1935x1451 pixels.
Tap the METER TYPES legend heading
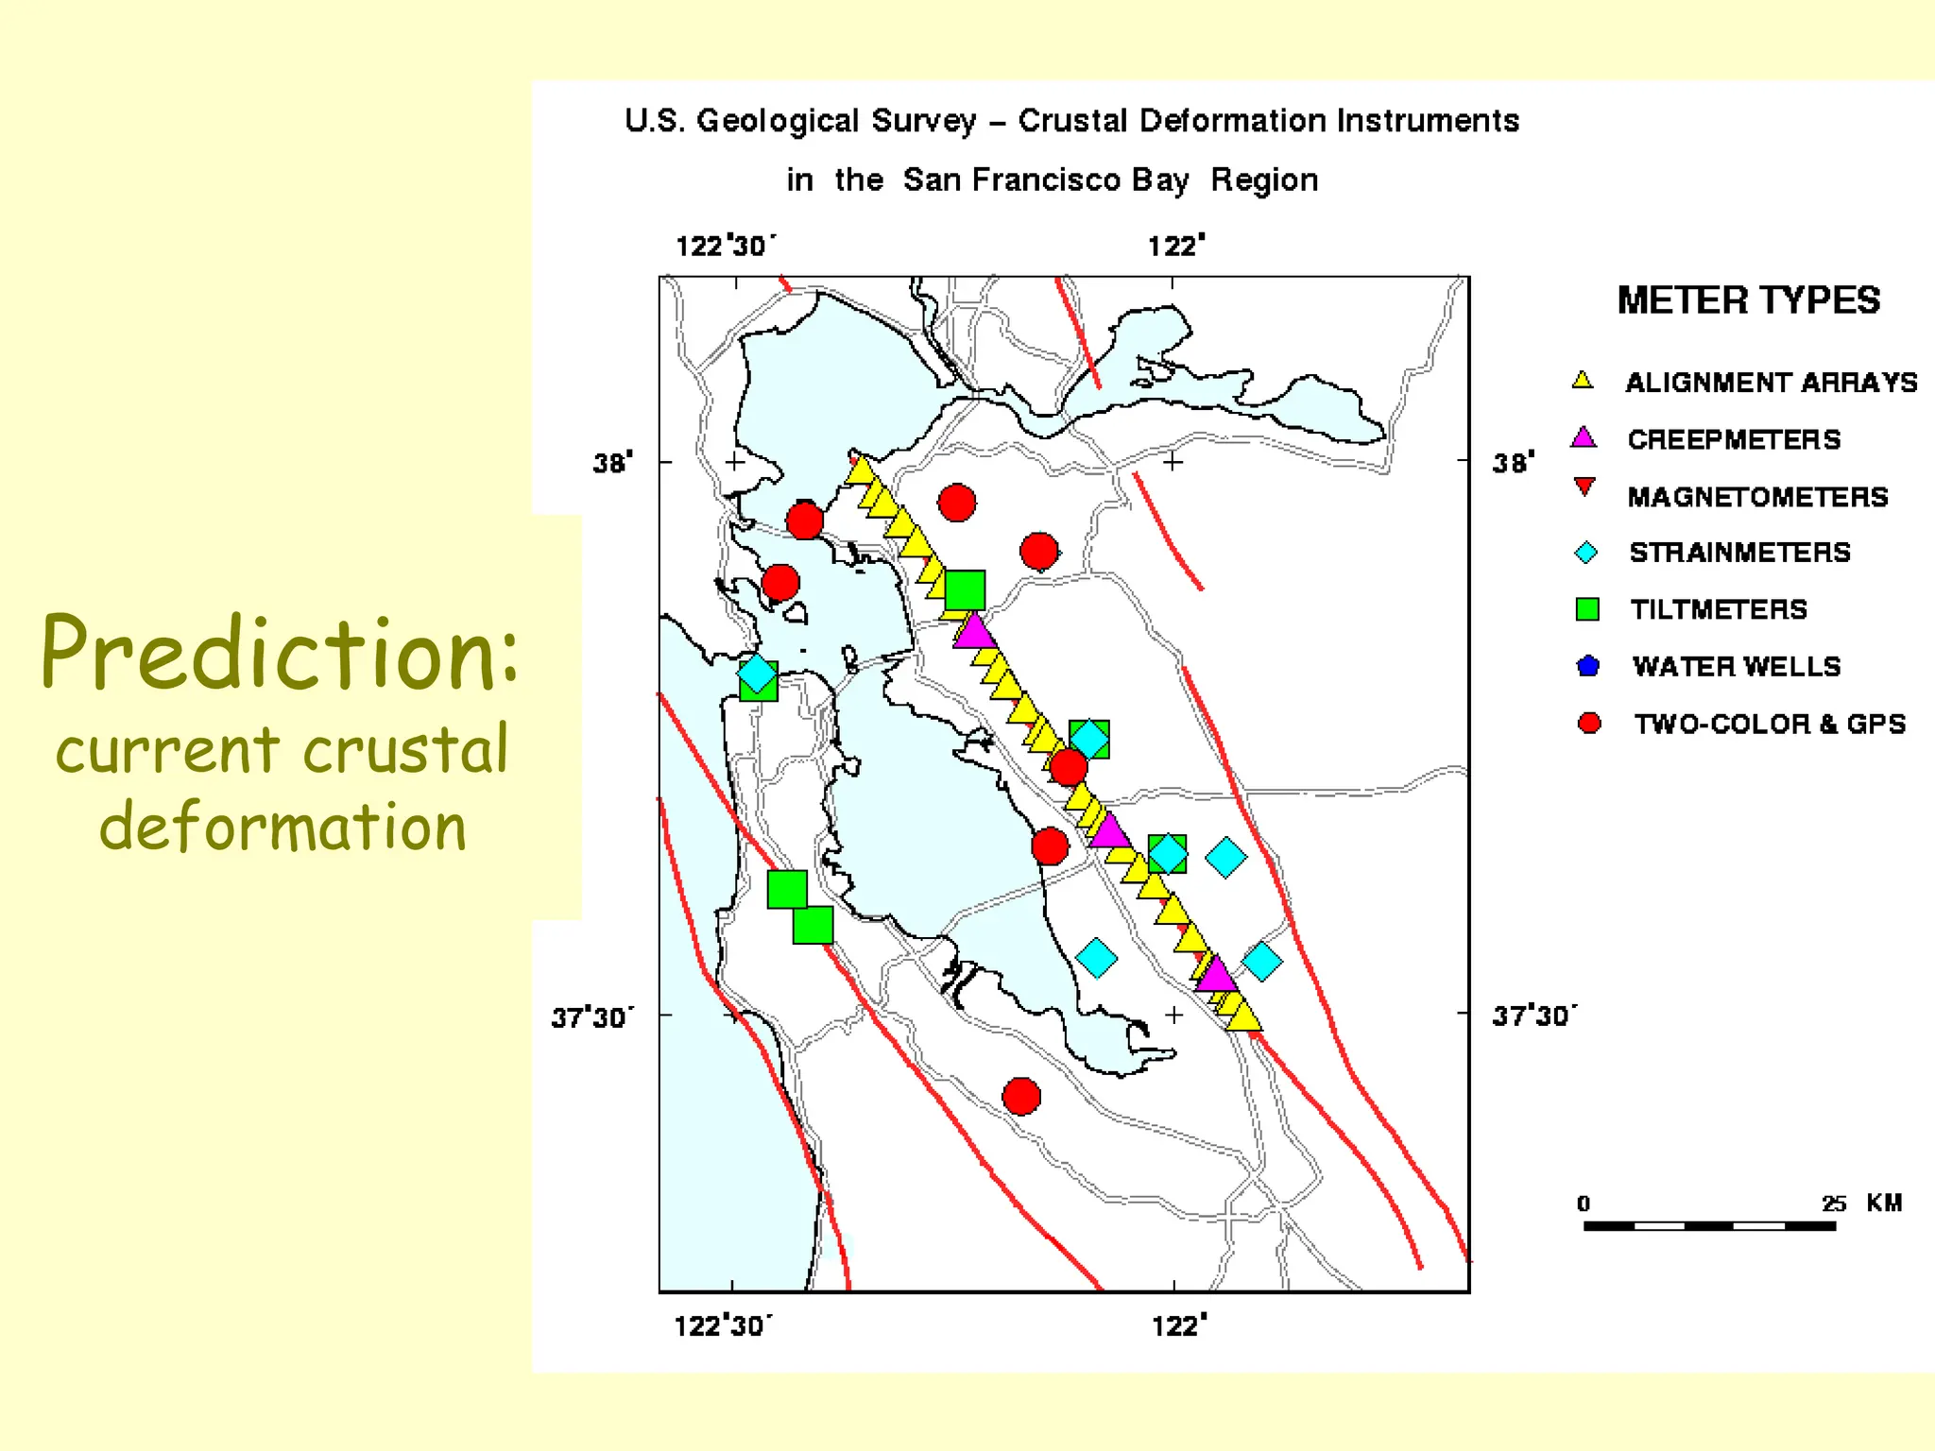tap(1748, 300)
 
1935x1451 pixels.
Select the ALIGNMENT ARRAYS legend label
tap(1771, 383)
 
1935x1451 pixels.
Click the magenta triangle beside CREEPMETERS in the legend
tap(1584, 438)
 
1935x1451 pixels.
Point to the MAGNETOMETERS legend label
tap(1757, 497)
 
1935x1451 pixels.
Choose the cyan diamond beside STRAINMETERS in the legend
tap(1586, 553)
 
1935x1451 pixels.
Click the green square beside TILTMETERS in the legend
tap(1587, 609)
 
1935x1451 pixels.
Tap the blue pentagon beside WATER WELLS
tap(1588, 666)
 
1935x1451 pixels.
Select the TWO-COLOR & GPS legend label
tap(1770, 724)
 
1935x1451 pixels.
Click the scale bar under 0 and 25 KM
tap(1709, 1226)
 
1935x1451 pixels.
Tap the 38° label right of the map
tap(1513, 463)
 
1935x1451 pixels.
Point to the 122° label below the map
tap(1178, 1326)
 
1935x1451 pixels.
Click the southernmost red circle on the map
tap(1021, 1097)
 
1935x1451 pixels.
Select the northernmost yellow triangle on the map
tap(860, 470)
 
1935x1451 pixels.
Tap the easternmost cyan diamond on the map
tap(1262, 961)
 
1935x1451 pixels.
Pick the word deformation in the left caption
tap(283, 827)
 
